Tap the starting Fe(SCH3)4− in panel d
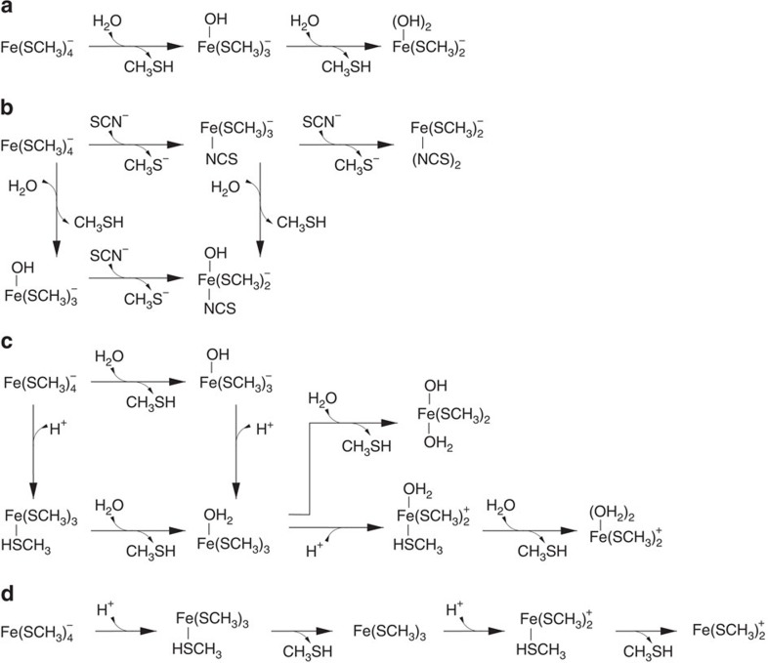click(x=39, y=633)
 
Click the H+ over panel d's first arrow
click(x=107, y=611)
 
